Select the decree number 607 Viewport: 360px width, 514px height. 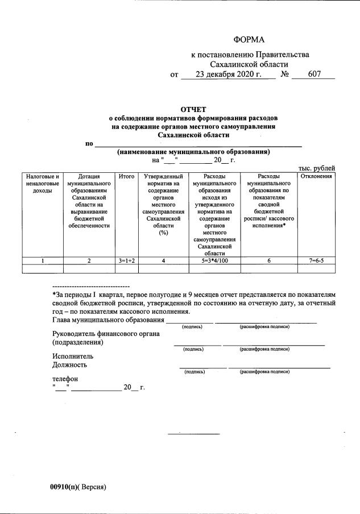coord(315,75)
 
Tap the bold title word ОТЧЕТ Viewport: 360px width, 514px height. coord(193,109)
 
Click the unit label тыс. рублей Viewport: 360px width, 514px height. coord(317,168)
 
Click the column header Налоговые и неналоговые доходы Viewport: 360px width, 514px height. coord(42,184)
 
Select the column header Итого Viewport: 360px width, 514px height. coord(126,177)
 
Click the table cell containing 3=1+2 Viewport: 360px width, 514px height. coord(126,260)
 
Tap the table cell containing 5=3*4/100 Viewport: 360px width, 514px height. coord(215,260)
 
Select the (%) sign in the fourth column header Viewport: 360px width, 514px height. coord(163,232)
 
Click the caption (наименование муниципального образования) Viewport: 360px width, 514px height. coord(193,152)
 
